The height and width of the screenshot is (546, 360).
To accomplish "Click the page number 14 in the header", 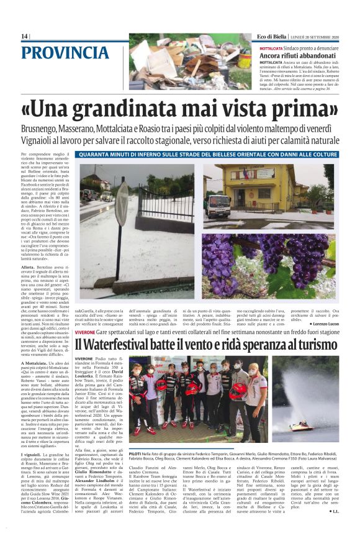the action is (24, 37).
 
